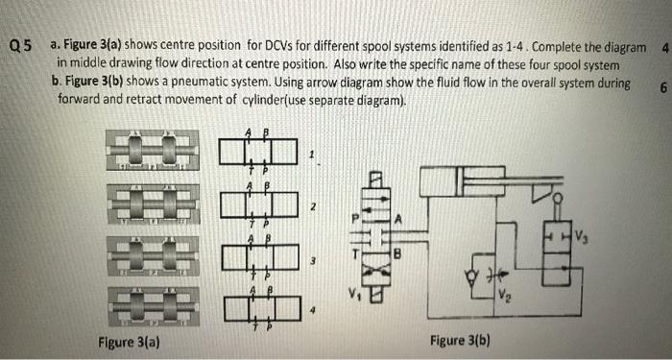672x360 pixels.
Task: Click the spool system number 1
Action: [311, 154]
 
